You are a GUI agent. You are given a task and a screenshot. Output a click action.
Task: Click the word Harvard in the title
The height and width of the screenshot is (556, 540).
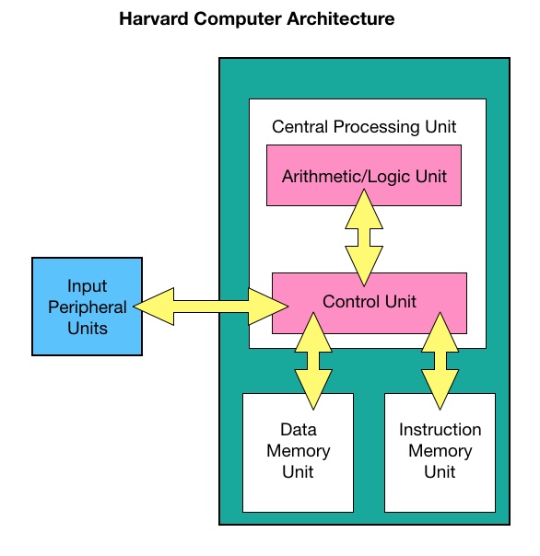154,18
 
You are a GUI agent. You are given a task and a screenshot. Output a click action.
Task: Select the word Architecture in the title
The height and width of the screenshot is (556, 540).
340,18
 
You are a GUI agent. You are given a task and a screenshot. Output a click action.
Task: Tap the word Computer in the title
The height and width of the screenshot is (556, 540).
238,19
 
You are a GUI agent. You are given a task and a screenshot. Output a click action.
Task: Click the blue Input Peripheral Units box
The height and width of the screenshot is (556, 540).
87,307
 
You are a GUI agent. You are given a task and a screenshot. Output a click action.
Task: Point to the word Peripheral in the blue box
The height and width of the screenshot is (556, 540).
88,307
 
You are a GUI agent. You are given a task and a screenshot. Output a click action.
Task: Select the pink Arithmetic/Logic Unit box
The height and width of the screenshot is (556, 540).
364,175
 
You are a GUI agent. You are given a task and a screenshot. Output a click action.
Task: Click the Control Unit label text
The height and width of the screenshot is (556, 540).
370,301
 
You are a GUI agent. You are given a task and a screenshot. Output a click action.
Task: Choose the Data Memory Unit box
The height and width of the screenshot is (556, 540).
298,453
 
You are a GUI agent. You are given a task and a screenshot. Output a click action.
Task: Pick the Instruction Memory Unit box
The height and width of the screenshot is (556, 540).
440,453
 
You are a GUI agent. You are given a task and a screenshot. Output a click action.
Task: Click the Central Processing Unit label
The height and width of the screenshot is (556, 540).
364,127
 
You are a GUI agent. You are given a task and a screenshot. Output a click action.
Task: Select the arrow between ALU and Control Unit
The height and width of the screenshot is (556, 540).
364,237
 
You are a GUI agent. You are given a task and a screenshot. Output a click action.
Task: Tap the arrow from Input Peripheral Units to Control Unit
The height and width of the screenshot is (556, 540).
211,307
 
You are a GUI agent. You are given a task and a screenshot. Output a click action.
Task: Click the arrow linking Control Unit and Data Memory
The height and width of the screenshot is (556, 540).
313,361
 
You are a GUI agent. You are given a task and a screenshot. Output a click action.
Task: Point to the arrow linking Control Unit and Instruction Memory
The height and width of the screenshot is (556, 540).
440,361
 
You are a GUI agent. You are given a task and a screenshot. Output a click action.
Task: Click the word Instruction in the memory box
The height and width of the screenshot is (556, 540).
440,429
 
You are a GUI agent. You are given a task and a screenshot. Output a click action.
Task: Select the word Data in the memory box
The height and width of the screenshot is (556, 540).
299,429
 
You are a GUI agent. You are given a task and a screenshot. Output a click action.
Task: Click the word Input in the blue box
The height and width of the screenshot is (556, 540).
87,286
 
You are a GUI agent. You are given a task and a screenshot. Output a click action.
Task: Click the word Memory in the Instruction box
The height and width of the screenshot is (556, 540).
440,451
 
